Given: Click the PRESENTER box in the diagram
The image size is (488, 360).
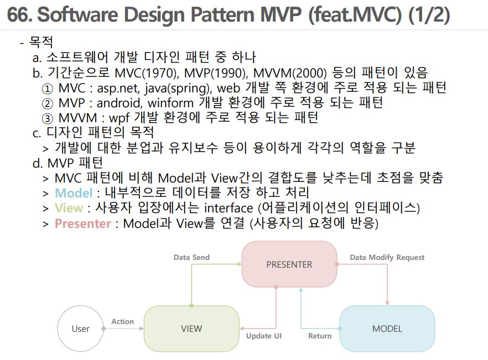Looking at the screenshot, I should click(x=289, y=264).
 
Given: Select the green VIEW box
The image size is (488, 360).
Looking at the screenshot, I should click(x=191, y=328).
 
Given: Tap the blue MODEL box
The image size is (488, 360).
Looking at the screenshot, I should click(x=387, y=328).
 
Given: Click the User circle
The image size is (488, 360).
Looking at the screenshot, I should click(x=80, y=328).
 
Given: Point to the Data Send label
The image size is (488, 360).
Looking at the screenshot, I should click(x=191, y=257).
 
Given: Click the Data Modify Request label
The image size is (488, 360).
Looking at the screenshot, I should click(x=387, y=257).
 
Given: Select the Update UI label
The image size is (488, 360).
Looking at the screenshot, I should click(x=264, y=336).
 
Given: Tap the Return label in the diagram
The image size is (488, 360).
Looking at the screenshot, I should click(x=320, y=336).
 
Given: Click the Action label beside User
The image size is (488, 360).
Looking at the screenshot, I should click(x=122, y=321).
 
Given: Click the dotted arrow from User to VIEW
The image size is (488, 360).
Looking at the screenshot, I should click(x=123, y=328).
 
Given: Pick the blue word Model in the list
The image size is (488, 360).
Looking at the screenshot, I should click(x=74, y=193).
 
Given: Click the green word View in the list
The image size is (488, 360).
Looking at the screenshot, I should click(x=69, y=208).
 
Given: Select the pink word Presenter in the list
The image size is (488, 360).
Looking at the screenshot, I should click(x=82, y=223).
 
